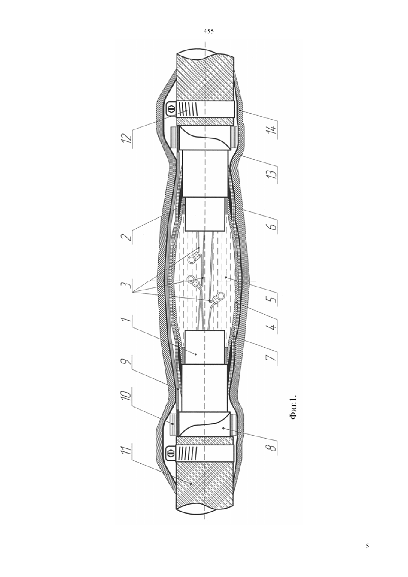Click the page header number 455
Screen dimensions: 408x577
[x=208, y=32]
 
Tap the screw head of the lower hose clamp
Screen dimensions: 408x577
[x=170, y=457]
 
